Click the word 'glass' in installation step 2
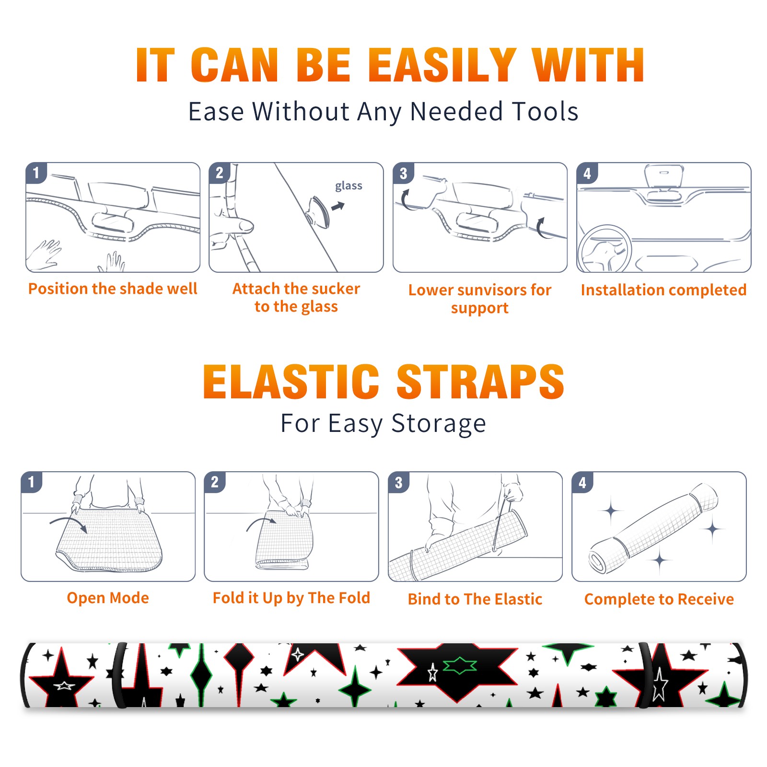click(349, 186)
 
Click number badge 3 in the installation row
click(403, 173)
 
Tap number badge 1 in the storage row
click(32, 482)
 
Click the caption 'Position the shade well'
click(113, 289)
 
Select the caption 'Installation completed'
click(663, 290)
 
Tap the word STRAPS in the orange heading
click(480, 382)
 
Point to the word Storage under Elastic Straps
click(439, 424)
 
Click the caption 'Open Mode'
click(108, 598)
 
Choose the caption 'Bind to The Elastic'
click(475, 599)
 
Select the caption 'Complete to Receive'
click(659, 599)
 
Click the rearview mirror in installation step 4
click(664, 175)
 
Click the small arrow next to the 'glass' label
click(338, 206)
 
